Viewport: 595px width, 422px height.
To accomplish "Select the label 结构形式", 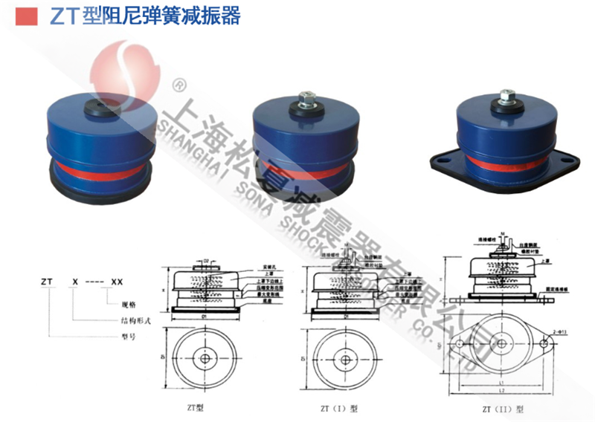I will (x=137, y=320).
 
